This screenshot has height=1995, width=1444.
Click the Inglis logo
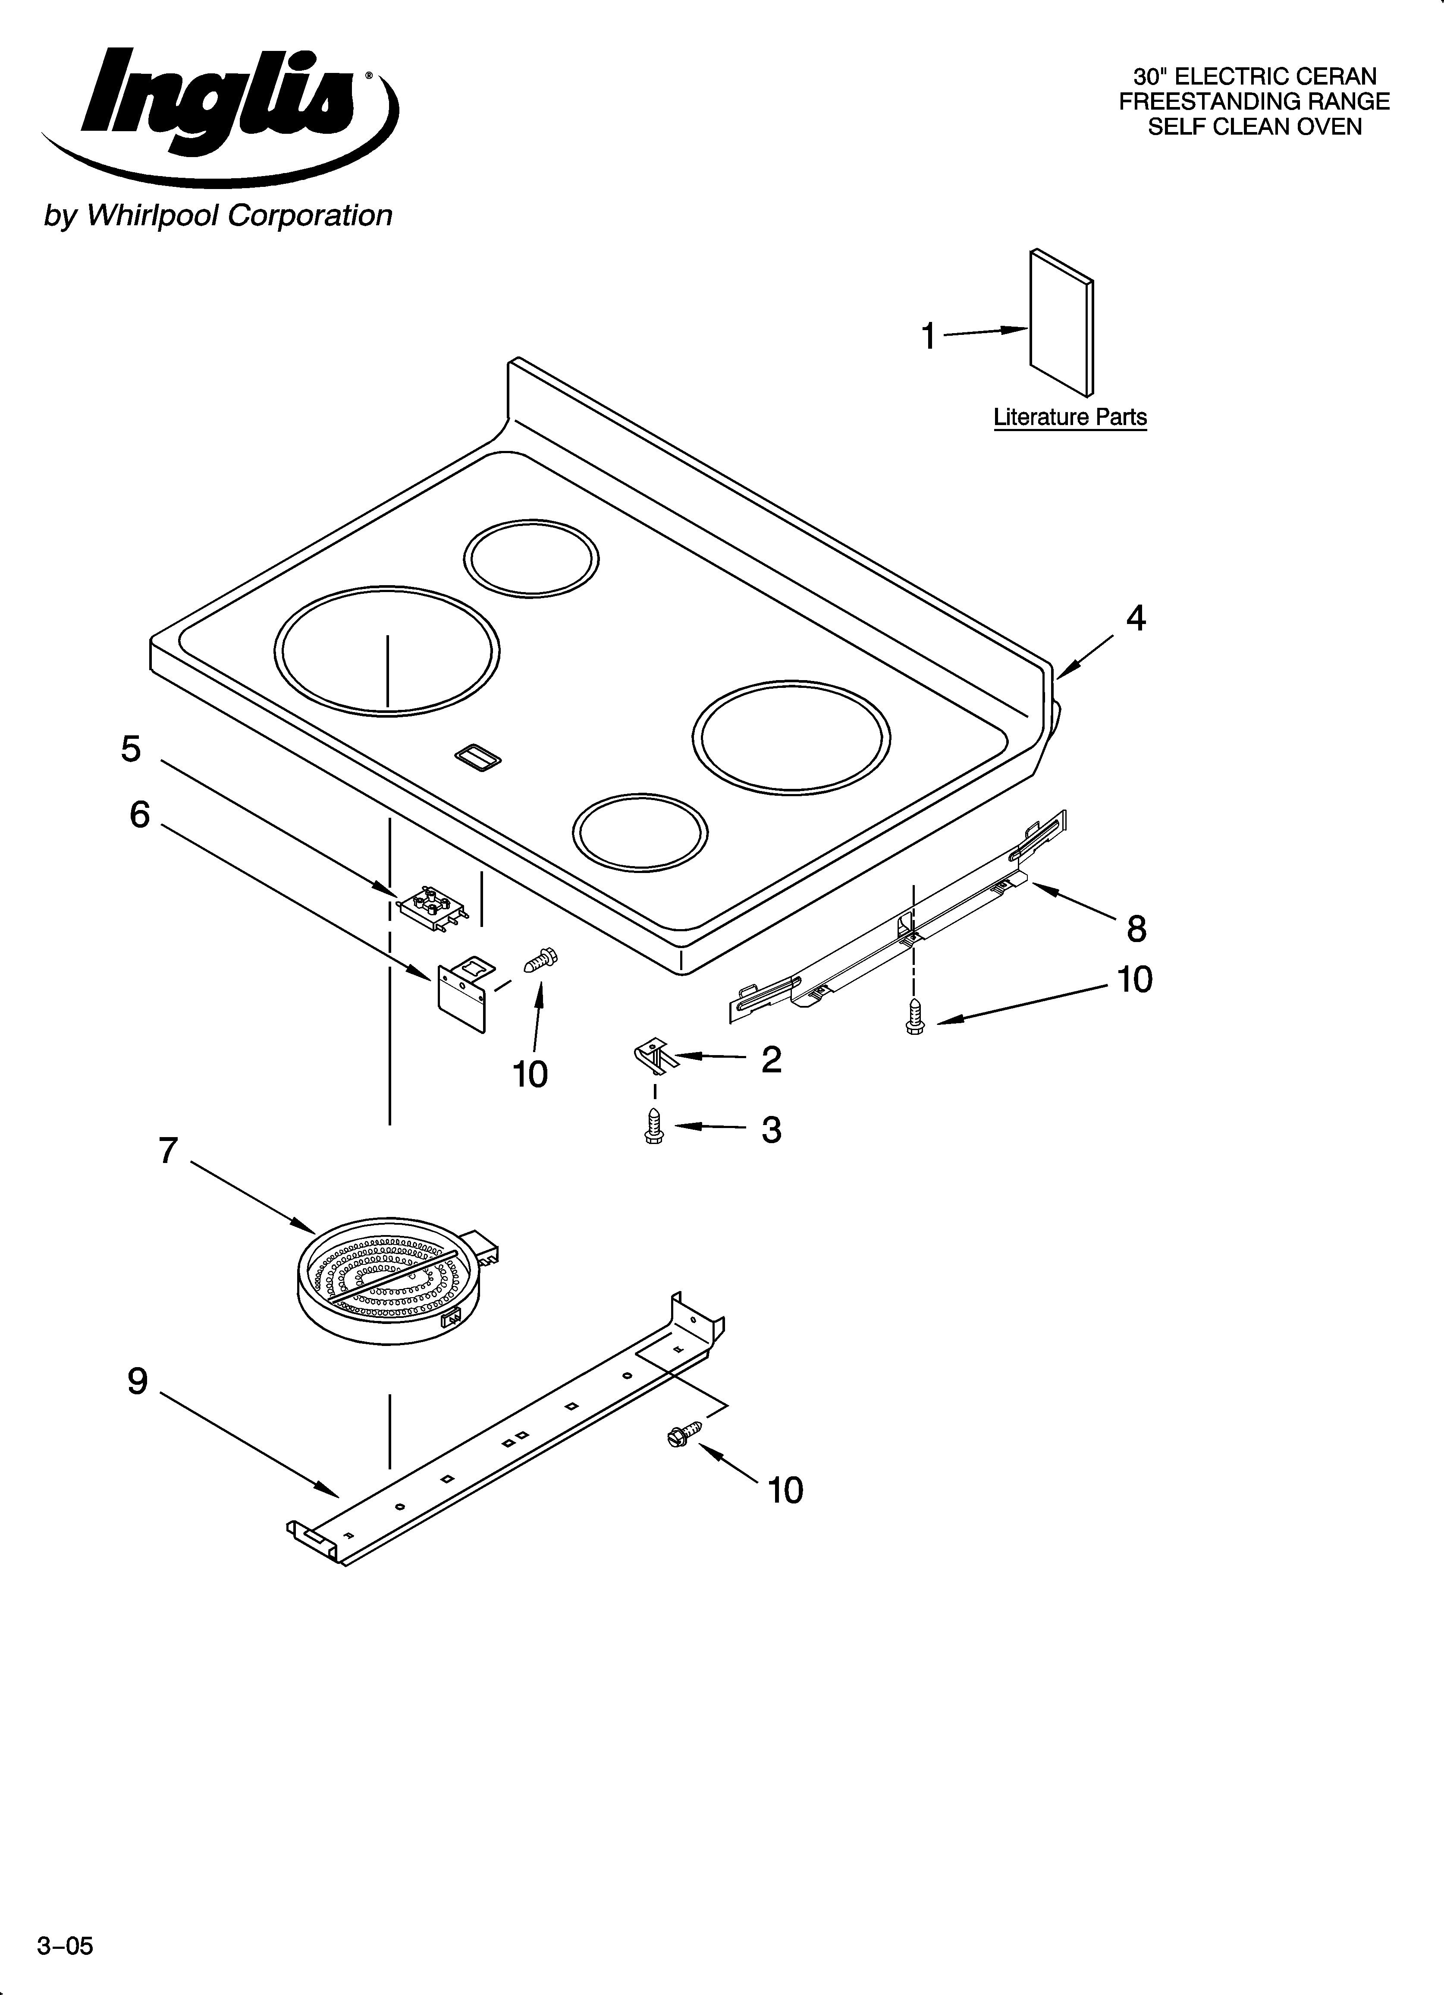pos(220,110)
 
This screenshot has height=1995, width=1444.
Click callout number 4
pos(1135,619)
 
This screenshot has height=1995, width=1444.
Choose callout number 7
pos(168,1150)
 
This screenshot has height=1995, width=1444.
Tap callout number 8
pos(1136,929)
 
